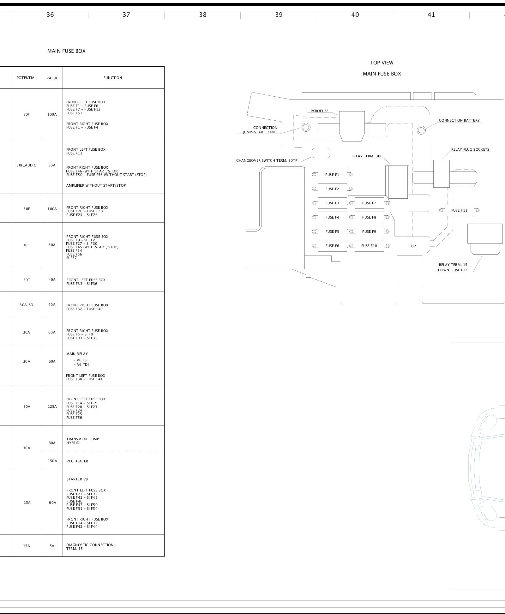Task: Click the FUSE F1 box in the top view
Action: pos(332,175)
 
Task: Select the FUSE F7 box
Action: pos(369,203)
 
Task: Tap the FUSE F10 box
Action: pos(369,246)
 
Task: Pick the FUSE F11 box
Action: pos(459,210)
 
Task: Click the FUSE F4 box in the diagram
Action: pos(332,217)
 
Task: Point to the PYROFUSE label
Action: pos(319,111)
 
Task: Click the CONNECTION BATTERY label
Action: pos(459,120)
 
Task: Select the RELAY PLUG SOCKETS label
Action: pos(470,149)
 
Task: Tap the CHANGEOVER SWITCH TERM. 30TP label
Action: pos(267,160)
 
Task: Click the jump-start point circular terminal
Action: pos(306,127)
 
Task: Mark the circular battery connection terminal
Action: pos(421,130)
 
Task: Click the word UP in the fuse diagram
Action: pos(413,246)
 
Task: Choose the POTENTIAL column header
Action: pos(27,78)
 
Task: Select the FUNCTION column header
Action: pos(113,78)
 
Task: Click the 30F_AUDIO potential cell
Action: pos(27,165)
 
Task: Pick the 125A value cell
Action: pos(52,406)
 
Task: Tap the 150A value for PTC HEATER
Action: pos(52,461)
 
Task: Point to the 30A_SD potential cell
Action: pos(27,305)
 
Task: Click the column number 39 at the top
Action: pos(279,15)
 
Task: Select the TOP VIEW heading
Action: pos(382,63)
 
